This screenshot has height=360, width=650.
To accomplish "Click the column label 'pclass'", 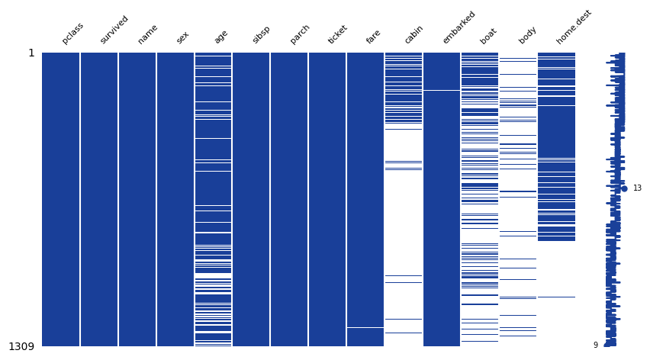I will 72,34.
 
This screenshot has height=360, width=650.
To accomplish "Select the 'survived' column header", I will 114,30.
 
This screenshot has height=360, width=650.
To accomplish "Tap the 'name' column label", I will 147,34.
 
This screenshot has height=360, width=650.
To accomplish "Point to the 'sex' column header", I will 183,37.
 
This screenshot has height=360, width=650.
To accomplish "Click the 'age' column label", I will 220,37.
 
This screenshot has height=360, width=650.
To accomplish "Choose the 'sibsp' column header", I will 261,34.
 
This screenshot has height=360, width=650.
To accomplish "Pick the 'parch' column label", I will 300,34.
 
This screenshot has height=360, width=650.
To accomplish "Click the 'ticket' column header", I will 338,34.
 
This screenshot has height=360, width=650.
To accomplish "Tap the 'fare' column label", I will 373,37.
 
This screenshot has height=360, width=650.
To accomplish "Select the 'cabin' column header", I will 413,34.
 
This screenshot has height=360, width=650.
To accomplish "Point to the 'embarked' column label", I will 459,27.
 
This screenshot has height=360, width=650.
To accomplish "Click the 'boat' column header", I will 488,36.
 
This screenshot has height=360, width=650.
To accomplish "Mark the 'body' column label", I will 527,35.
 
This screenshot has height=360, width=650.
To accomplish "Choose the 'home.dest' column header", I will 574,27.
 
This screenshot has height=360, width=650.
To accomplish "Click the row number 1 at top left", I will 31,53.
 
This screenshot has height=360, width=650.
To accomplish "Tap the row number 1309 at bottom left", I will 21,347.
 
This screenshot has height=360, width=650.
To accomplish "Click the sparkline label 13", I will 637,188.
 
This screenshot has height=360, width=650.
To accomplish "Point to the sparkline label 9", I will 596,346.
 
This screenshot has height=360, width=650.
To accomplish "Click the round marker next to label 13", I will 624,188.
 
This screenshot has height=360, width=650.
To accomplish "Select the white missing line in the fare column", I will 365,327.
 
